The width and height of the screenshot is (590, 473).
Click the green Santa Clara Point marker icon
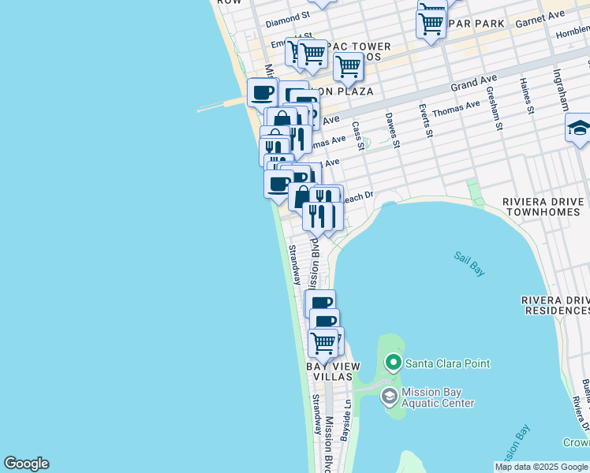[x=393, y=363]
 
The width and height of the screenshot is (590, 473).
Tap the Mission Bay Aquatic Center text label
[x=438, y=397]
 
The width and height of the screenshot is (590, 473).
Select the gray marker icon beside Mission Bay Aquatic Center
[x=389, y=397]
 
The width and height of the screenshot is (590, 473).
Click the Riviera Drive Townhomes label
[x=543, y=207]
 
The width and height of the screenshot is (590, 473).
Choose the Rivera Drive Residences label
[x=555, y=306]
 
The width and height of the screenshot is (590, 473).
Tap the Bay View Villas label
[x=333, y=371]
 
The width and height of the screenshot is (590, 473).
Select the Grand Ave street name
[x=470, y=83]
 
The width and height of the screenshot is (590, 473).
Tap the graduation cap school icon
[x=579, y=128]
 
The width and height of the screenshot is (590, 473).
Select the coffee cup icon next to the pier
[x=263, y=92]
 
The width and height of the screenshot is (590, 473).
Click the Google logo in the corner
[x=26, y=464]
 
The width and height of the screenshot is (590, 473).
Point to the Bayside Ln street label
[x=345, y=423]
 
